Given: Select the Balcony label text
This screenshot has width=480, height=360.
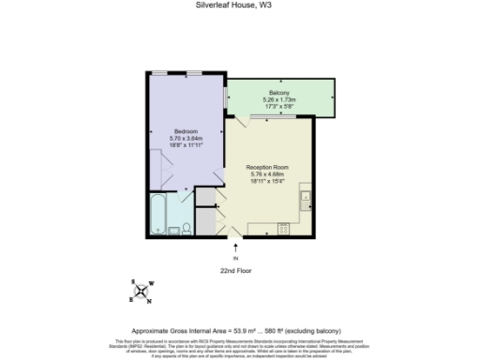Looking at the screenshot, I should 278,92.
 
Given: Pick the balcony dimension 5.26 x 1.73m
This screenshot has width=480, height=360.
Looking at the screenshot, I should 278,99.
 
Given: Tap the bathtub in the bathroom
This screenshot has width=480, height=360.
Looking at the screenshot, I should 157,217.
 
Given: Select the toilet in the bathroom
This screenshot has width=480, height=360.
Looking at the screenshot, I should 187,228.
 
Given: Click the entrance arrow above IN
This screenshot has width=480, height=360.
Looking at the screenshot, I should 236,247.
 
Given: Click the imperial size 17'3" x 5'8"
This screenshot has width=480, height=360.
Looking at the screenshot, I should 278,106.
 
